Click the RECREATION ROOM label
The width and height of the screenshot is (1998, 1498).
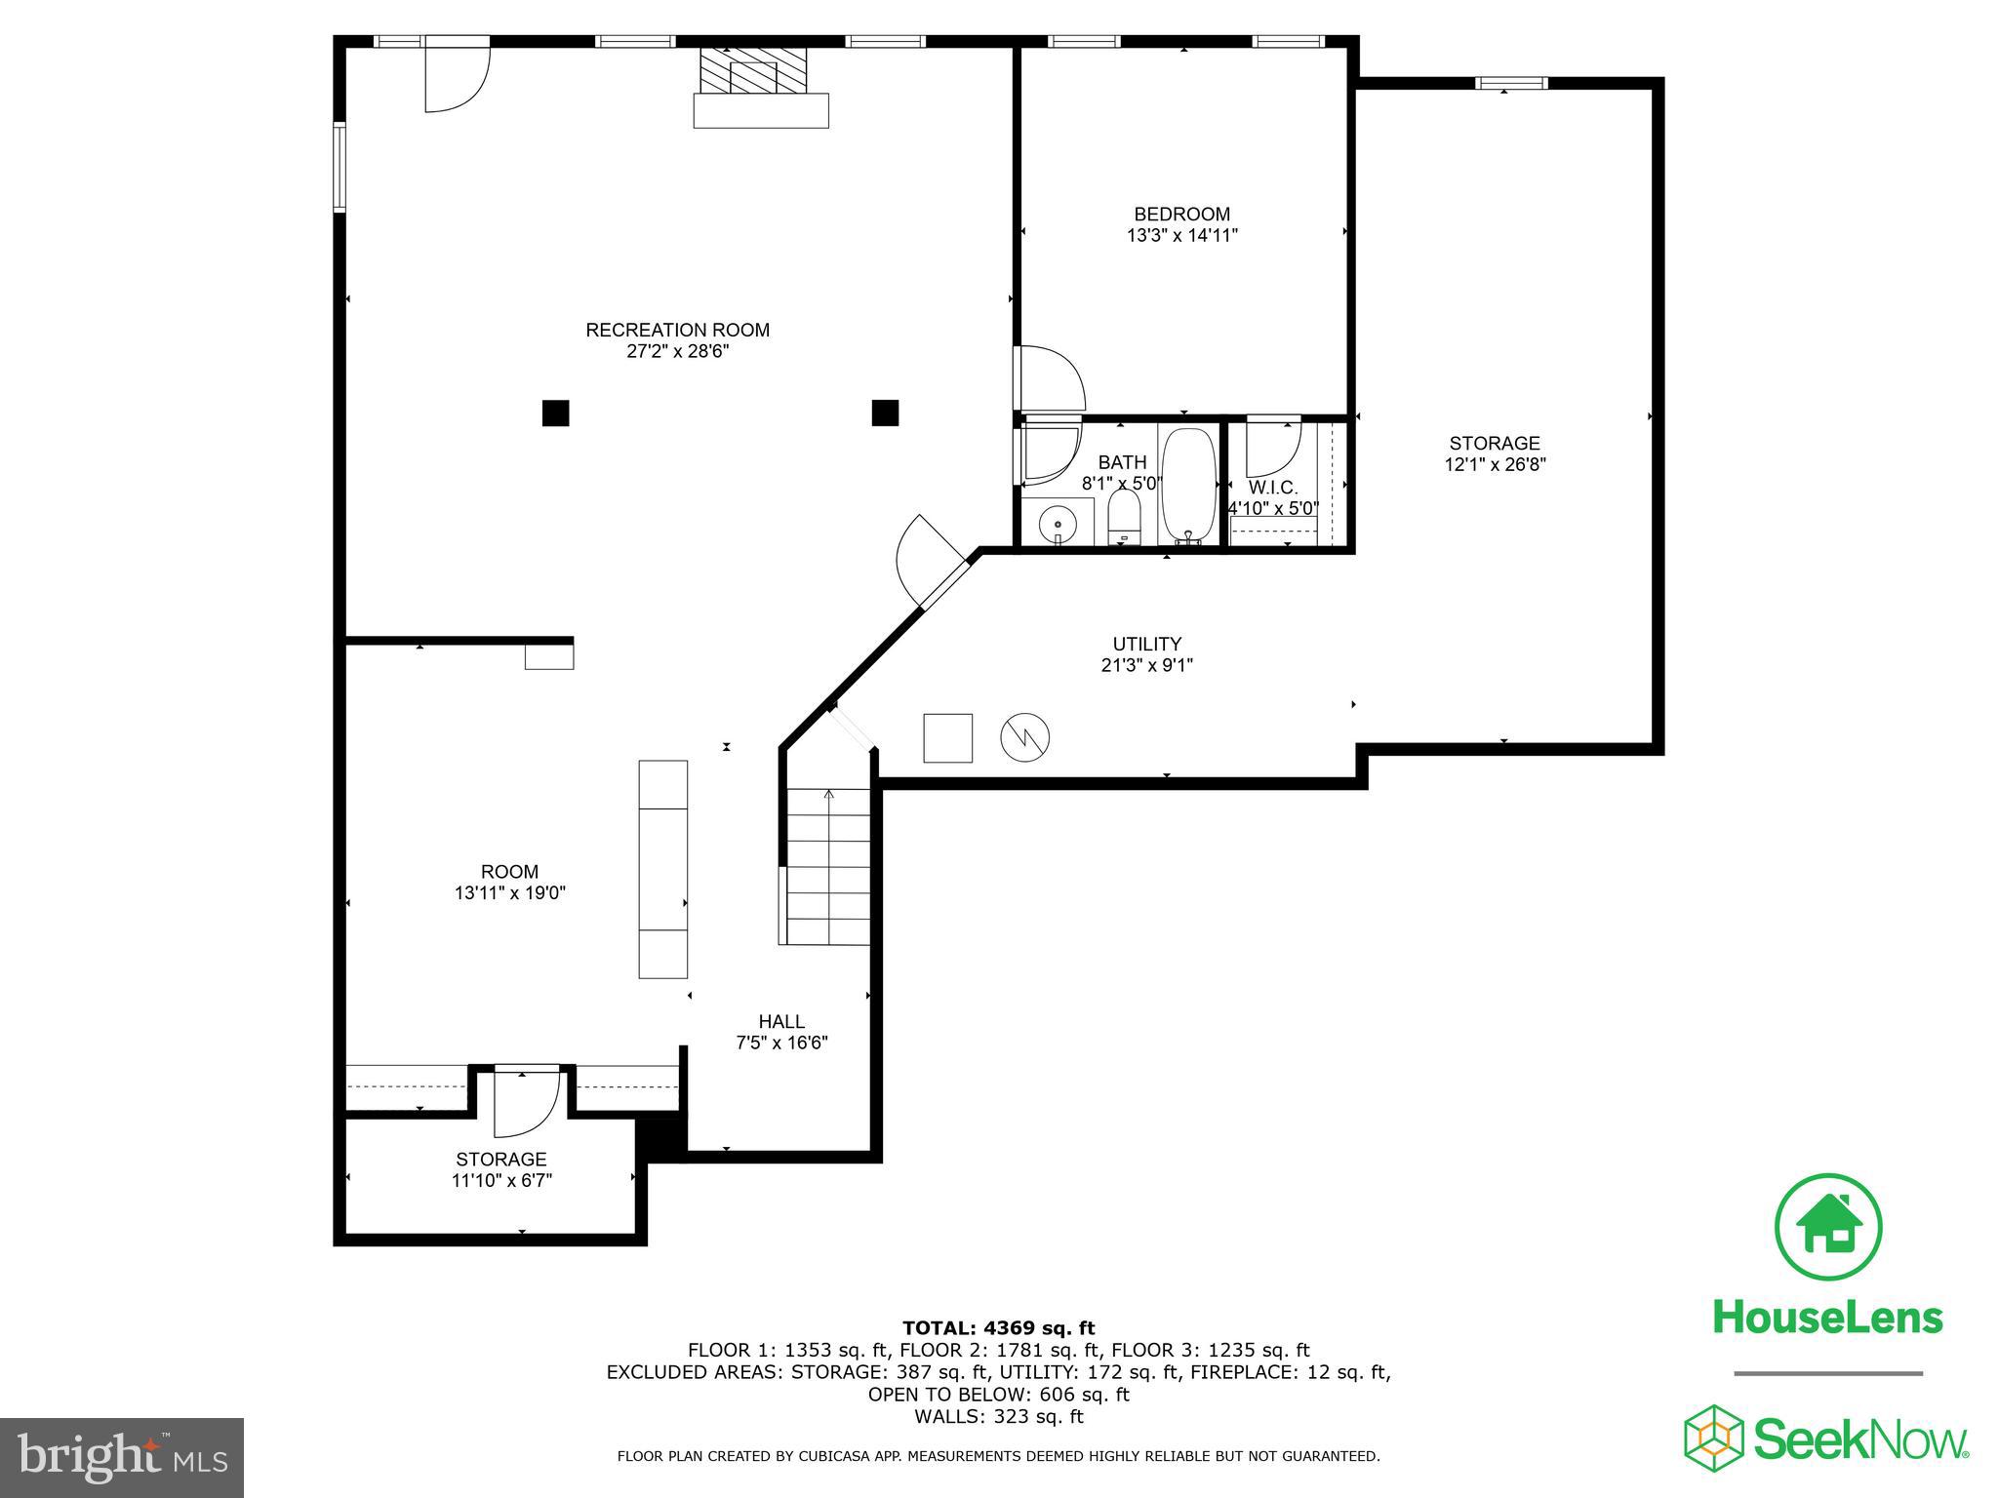[677, 330]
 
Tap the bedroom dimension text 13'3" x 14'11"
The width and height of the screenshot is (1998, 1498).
[1181, 235]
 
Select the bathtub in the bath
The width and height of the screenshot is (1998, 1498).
[1189, 485]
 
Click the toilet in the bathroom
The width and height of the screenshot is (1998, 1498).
[1124, 516]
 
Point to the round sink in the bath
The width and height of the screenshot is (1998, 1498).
[1058, 525]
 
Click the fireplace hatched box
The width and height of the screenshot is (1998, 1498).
[754, 71]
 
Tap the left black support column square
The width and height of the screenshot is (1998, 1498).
[555, 414]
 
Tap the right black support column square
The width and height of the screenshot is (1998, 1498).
[885, 413]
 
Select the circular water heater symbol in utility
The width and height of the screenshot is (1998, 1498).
[1025, 737]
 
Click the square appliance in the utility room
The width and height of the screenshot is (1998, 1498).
[948, 737]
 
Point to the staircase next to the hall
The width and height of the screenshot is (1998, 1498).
[828, 866]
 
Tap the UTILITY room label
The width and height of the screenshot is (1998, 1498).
[1146, 644]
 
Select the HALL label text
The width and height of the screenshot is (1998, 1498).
[781, 1021]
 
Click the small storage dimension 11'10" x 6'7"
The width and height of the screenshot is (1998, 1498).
[501, 1180]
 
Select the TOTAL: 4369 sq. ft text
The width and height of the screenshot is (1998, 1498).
[998, 1327]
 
